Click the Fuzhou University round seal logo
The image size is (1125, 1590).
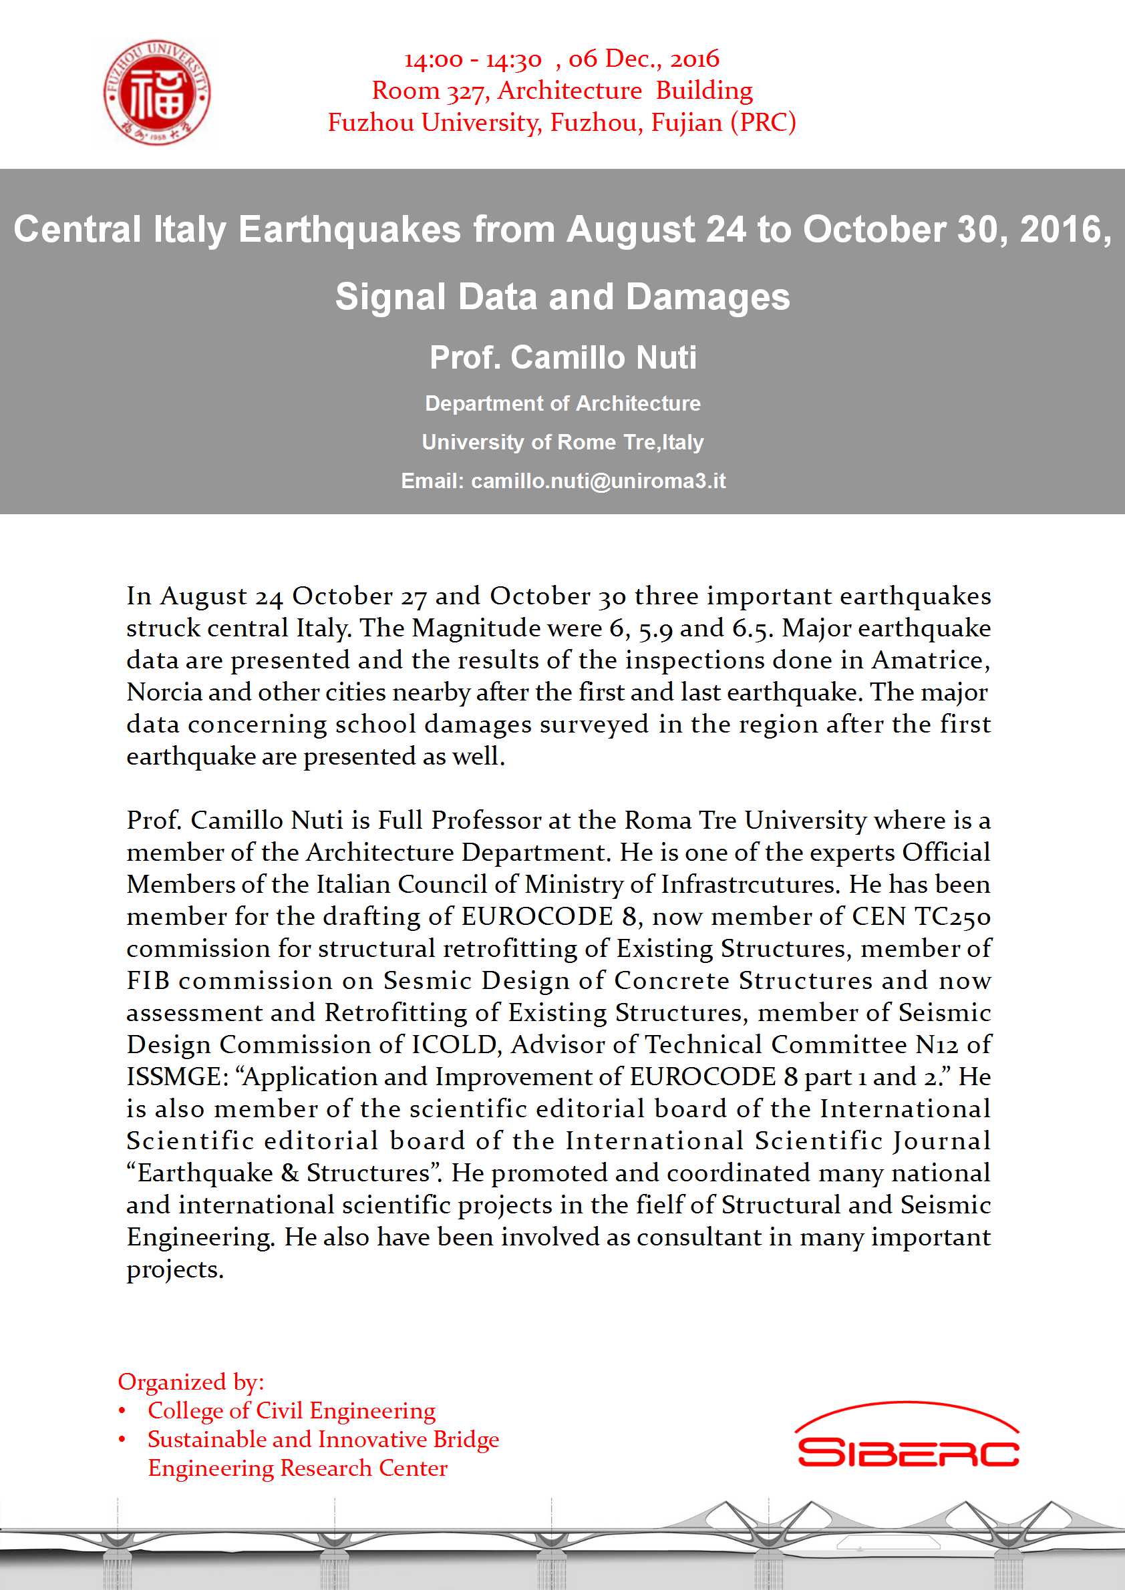pos(157,92)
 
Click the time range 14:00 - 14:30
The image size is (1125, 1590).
pos(473,59)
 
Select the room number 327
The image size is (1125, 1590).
pos(468,91)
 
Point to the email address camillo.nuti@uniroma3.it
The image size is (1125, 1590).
pos(598,481)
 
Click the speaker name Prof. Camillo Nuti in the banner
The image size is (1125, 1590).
pos(562,357)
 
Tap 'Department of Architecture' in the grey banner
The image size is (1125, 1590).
pos(562,403)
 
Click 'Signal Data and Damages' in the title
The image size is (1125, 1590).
pos(562,296)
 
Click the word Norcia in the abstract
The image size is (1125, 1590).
pos(164,692)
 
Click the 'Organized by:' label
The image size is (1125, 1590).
pos(191,1382)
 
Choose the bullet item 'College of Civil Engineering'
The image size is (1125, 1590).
pos(291,1410)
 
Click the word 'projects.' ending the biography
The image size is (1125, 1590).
pos(175,1269)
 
